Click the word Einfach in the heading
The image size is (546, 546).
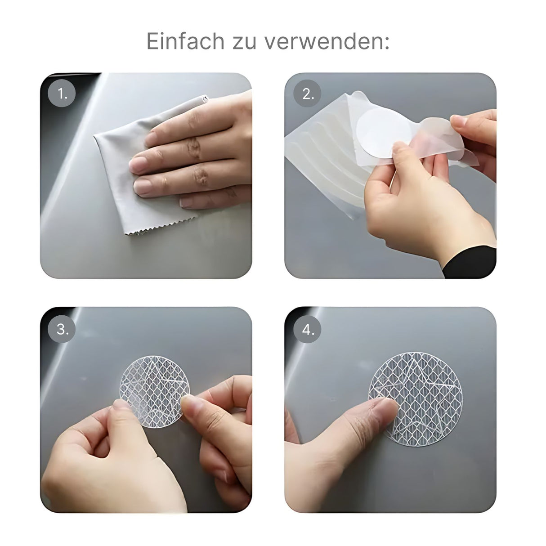[x=185, y=41]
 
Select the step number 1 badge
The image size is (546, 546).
[x=62, y=93]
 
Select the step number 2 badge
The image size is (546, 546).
[x=307, y=93]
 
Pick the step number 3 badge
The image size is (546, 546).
[x=62, y=329]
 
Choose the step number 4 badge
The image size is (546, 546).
[x=307, y=329]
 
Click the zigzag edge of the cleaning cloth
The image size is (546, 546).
[x=161, y=227]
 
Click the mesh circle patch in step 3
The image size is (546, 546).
[x=154, y=396]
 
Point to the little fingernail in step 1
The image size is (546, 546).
[x=187, y=202]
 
